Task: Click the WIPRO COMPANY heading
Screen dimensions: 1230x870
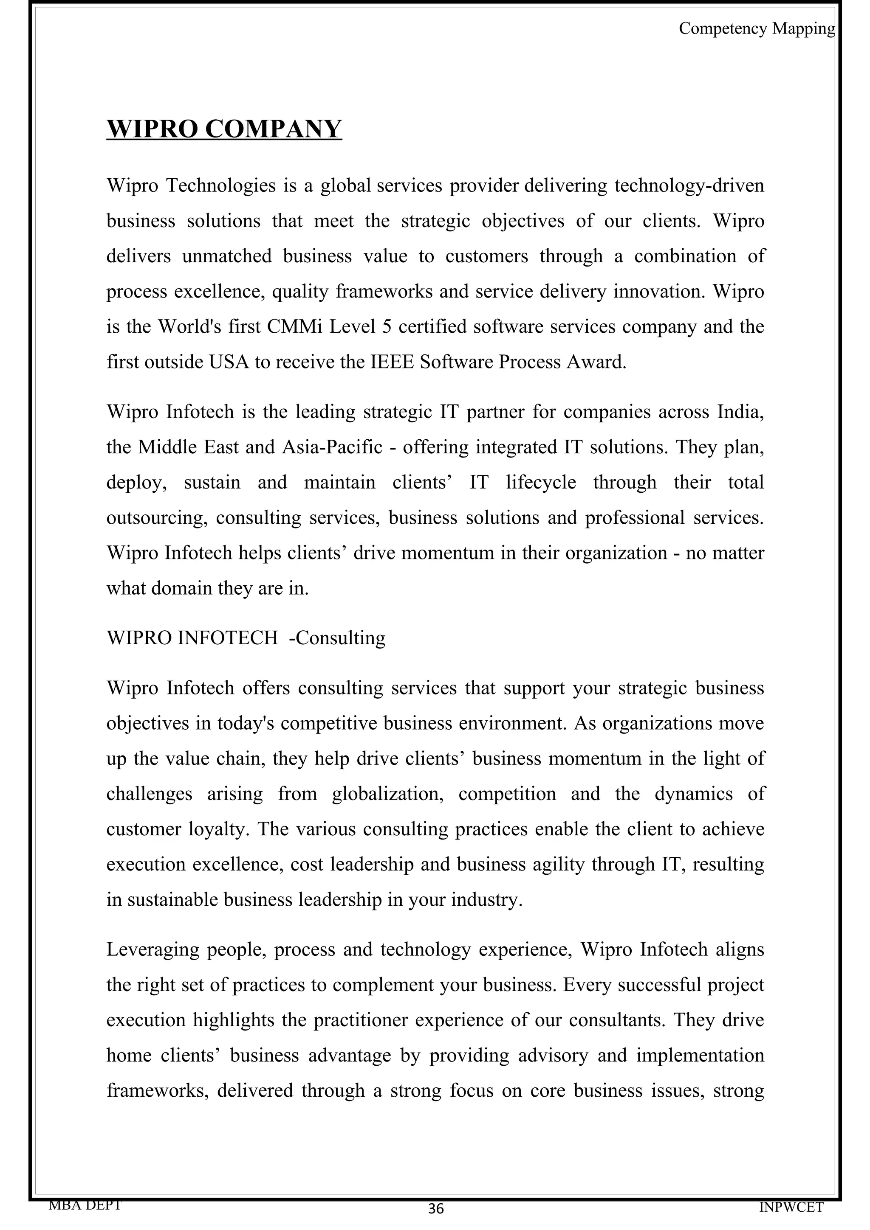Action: coord(224,129)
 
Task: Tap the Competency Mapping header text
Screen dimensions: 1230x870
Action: coord(756,28)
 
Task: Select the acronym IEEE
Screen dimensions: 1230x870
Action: coord(393,362)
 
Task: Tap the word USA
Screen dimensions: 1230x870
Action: coord(229,362)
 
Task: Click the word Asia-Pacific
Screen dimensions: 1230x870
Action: coord(332,447)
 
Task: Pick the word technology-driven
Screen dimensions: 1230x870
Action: coord(689,185)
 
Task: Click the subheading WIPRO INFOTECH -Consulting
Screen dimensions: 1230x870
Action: coord(246,638)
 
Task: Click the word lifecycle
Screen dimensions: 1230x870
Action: coord(541,482)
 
